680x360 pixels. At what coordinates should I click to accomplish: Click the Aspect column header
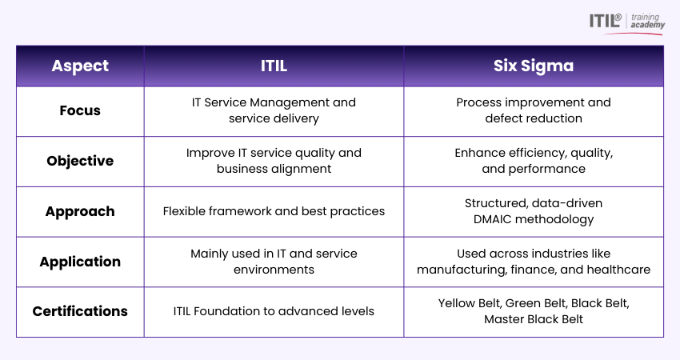coord(80,66)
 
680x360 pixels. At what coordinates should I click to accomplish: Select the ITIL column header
coord(274,66)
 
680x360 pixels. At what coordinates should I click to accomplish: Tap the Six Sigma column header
coord(534,66)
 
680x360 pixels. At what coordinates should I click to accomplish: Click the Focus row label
coord(80,110)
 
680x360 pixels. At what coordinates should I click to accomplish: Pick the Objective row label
coord(80,161)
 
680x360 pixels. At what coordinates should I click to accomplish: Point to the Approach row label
coord(80,211)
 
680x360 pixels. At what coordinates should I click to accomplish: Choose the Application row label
coord(80,262)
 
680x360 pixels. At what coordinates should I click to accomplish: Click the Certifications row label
coord(80,311)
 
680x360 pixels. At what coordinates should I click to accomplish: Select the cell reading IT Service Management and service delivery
coord(274,110)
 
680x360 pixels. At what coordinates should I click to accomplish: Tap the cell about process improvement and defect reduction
coord(534,110)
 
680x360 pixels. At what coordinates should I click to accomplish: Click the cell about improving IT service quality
coord(274,161)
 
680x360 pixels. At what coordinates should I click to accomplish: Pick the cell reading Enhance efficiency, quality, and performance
coord(534,161)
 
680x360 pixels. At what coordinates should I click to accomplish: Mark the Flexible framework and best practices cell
coord(274,211)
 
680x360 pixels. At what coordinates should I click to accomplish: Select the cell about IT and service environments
coord(274,262)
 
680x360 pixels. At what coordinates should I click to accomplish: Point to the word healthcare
coord(617,270)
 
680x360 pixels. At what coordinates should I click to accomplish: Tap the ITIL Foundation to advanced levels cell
coord(274,311)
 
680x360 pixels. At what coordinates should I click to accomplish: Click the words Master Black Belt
coord(534,319)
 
